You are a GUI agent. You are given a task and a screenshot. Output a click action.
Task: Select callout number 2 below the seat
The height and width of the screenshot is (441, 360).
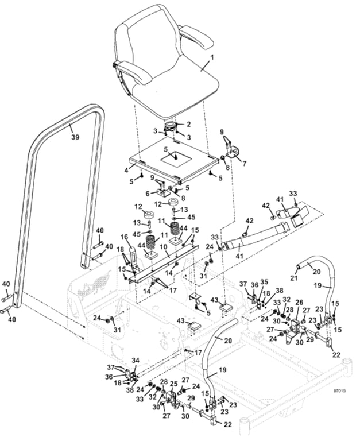click(189, 124)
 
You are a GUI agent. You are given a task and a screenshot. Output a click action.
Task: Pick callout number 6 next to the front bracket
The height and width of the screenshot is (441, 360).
click(147, 194)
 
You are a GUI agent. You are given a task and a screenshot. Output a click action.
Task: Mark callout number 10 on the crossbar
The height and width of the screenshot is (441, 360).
click(164, 246)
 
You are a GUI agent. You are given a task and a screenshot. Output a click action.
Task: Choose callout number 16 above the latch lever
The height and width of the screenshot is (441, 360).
click(123, 237)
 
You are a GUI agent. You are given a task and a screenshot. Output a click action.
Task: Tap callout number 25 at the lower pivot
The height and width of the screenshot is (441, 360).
click(174, 384)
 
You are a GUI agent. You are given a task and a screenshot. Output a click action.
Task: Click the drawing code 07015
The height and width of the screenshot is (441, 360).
click(339, 391)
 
